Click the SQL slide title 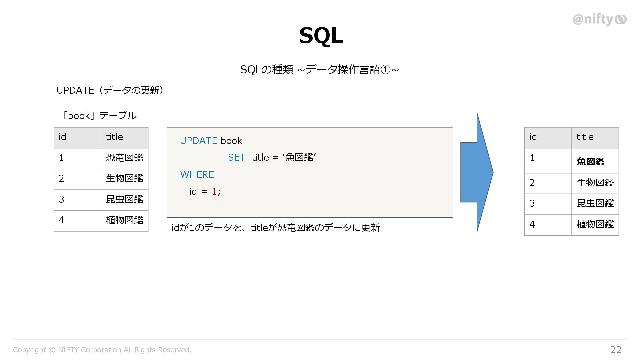click(321, 35)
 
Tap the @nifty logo click(599, 19)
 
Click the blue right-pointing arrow click(477, 172)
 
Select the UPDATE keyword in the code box click(198, 141)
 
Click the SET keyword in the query click(236, 157)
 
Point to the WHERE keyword click(197, 175)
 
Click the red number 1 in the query click(214, 191)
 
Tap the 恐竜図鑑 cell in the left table click(125, 158)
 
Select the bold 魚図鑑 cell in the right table click(590, 162)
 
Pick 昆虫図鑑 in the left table click(125, 199)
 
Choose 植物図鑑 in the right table click(595, 224)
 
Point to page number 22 click(616, 349)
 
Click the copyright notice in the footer click(102, 350)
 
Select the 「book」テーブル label click(99, 116)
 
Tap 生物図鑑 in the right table click(595, 183)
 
